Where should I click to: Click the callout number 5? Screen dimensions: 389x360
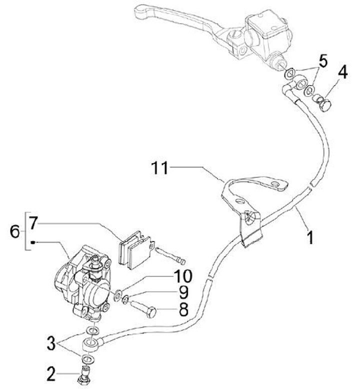(x=322, y=62)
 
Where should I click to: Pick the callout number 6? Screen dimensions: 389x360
(x=15, y=231)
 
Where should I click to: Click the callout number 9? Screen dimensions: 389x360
(x=183, y=291)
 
